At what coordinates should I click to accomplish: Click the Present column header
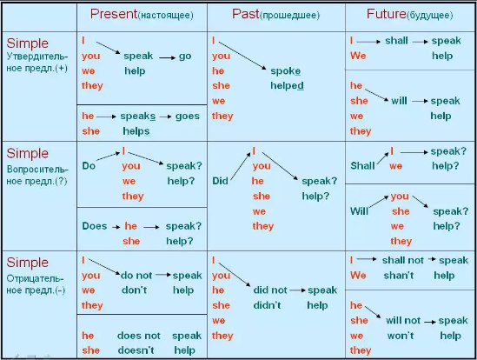(142, 14)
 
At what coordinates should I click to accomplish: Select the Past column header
(276, 14)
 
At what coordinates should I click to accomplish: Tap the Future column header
(409, 14)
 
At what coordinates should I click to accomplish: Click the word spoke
(285, 71)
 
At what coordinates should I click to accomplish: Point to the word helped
(287, 85)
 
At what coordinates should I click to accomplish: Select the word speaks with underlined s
(138, 117)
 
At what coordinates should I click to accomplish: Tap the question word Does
(95, 226)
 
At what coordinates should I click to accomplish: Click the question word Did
(220, 181)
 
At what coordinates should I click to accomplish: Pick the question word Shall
(362, 166)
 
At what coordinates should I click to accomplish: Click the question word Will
(359, 210)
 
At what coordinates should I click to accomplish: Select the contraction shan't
(399, 276)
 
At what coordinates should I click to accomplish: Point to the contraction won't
(401, 336)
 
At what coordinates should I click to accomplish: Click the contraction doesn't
(136, 350)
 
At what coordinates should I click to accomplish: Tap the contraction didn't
(267, 305)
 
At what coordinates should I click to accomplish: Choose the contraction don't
(134, 290)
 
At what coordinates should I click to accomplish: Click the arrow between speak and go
(168, 57)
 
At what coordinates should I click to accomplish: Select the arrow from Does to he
(116, 227)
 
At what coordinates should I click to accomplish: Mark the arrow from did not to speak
(297, 290)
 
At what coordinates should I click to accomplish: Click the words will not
(403, 320)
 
